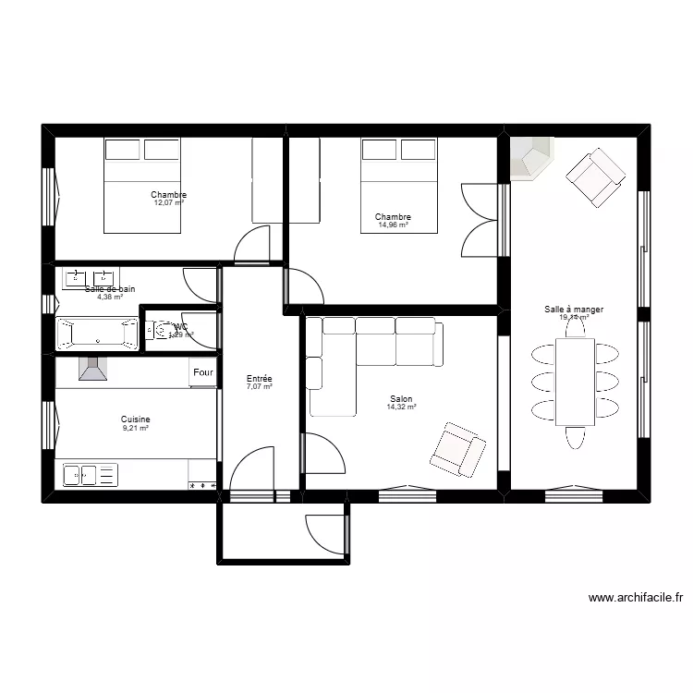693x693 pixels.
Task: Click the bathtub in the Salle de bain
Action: (x=97, y=334)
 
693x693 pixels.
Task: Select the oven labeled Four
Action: (x=202, y=373)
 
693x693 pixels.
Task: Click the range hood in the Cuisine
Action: (x=92, y=370)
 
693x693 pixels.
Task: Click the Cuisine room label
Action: (x=136, y=419)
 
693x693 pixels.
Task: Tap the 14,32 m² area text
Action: (x=401, y=407)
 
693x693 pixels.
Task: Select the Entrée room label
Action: (x=259, y=379)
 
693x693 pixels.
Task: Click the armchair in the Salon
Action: (x=457, y=450)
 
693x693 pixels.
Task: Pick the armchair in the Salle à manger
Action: (x=595, y=178)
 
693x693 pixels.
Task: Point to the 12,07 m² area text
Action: (x=168, y=202)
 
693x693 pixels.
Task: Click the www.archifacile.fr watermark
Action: (x=636, y=598)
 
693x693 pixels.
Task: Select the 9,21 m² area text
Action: (x=136, y=428)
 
